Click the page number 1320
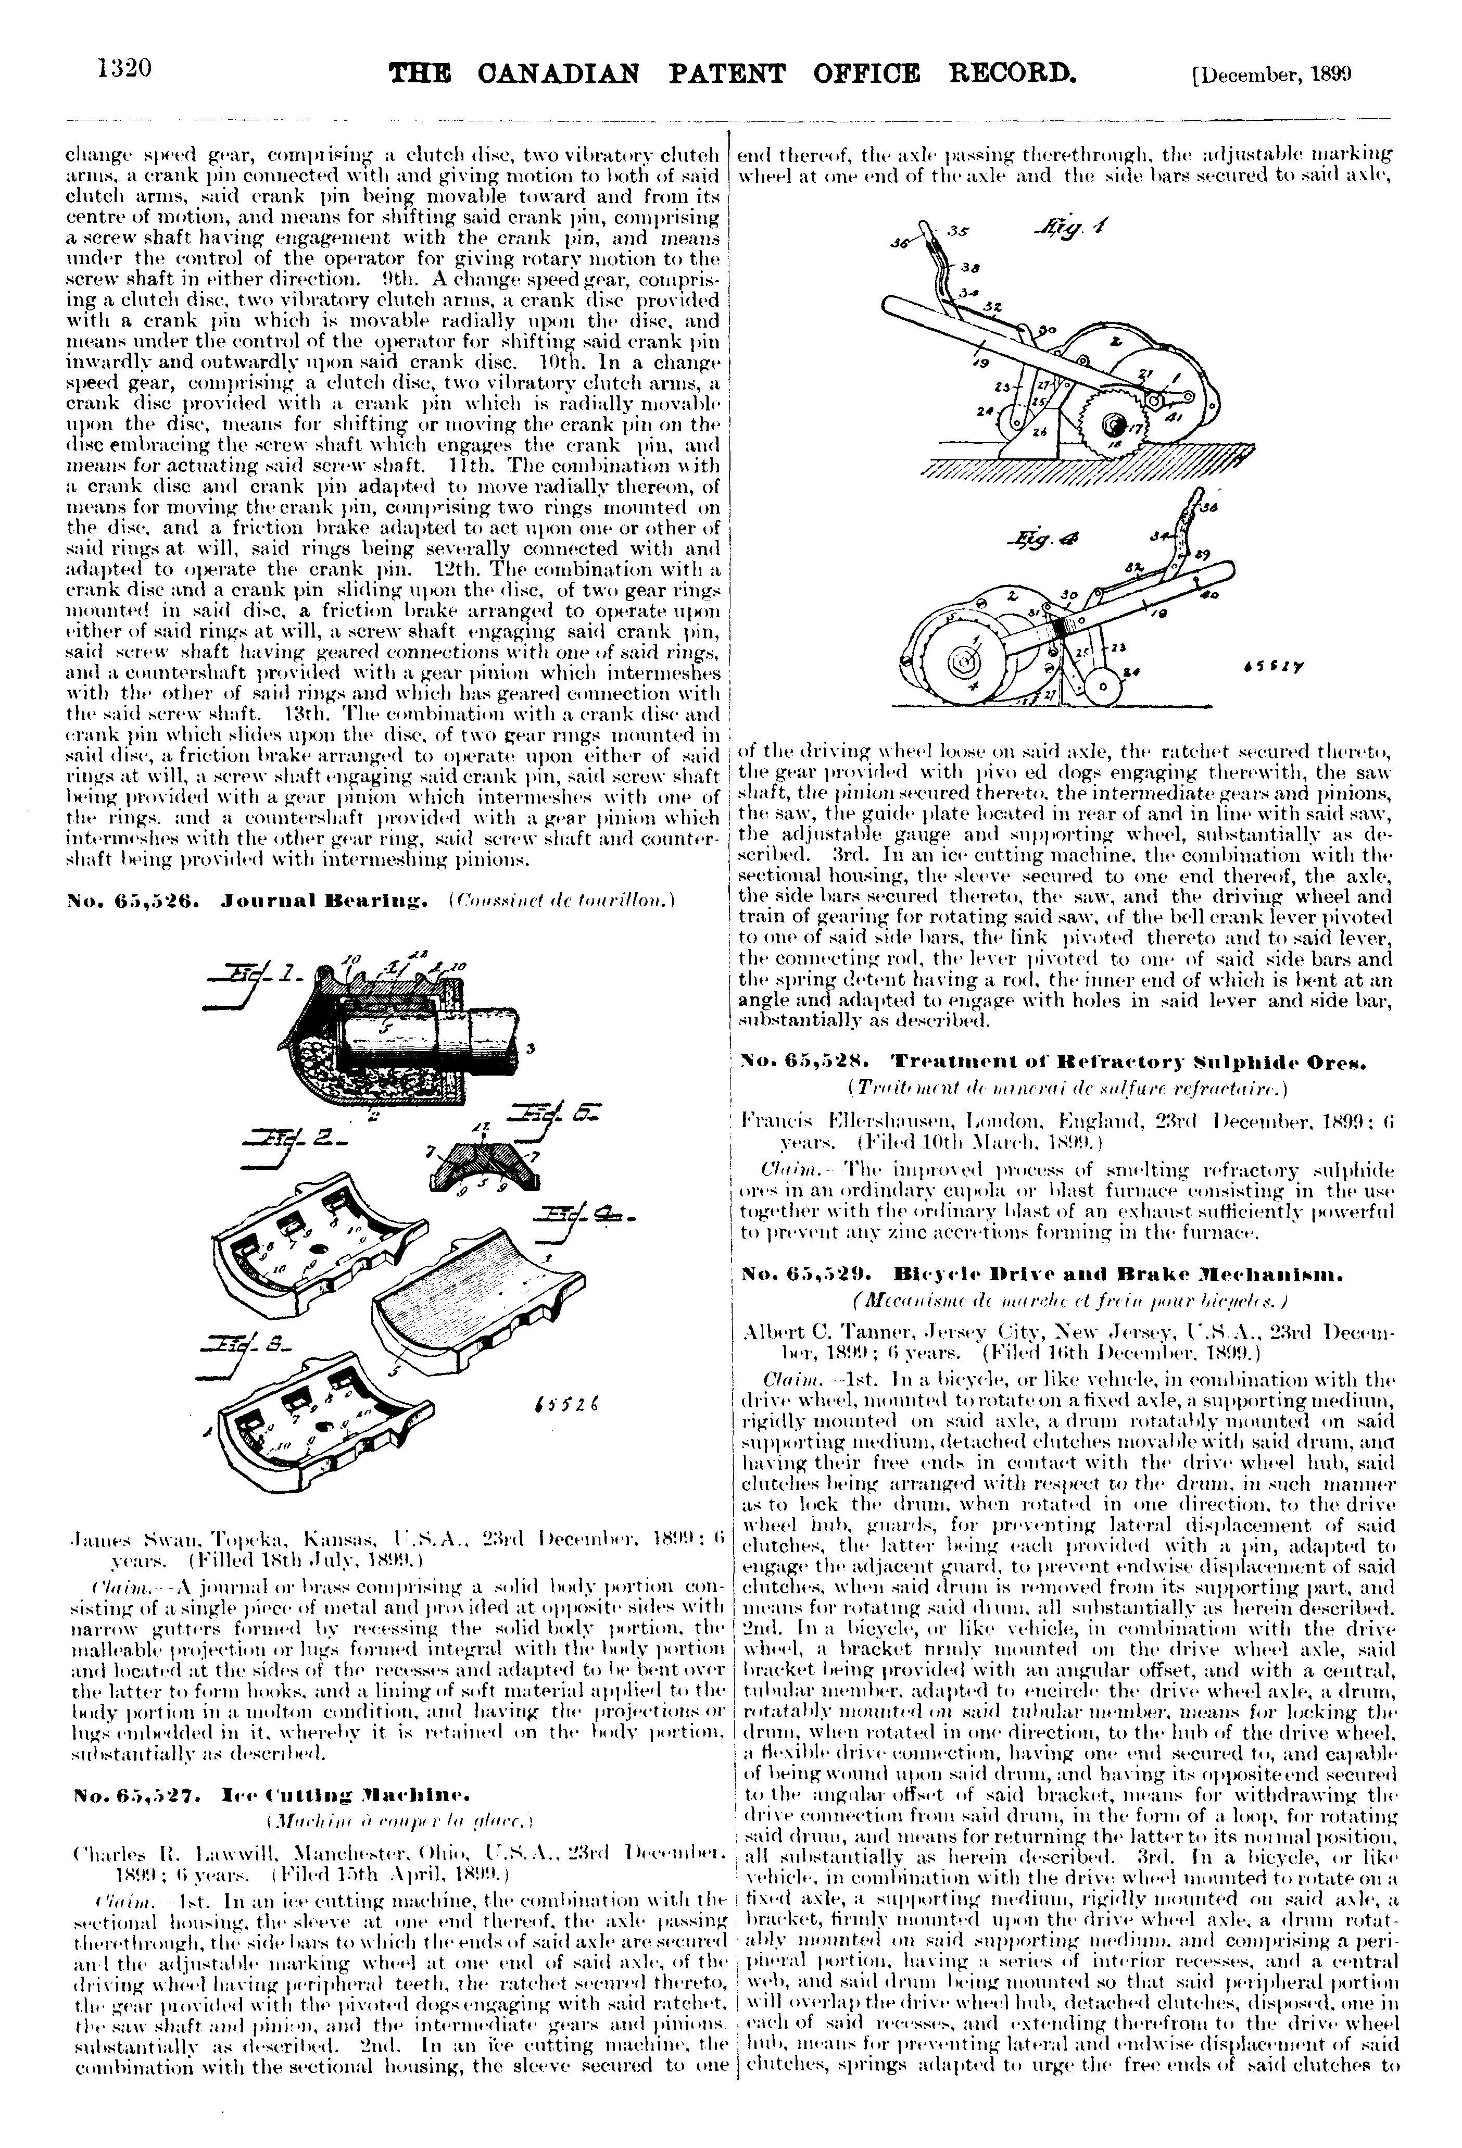point(123,70)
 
